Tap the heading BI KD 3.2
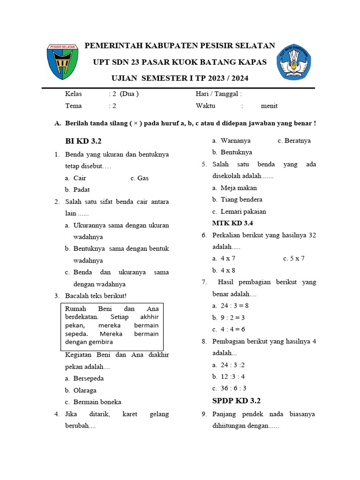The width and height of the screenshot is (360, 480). (x=83, y=141)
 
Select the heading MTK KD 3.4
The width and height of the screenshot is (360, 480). (x=233, y=223)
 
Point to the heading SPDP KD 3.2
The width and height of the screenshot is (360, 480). (x=236, y=400)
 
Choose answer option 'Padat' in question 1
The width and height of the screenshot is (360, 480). (x=81, y=190)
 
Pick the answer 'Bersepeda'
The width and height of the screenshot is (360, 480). (x=89, y=378)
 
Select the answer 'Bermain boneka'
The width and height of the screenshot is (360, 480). (x=97, y=402)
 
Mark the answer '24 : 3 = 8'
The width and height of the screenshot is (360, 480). (x=234, y=306)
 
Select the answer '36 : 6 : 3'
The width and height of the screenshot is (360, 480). (x=233, y=388)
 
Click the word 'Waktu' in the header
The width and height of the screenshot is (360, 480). (x=205, y=106)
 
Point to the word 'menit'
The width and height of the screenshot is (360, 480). (x=269, y=106)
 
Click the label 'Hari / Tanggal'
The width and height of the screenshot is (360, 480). (x=217, y=94)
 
